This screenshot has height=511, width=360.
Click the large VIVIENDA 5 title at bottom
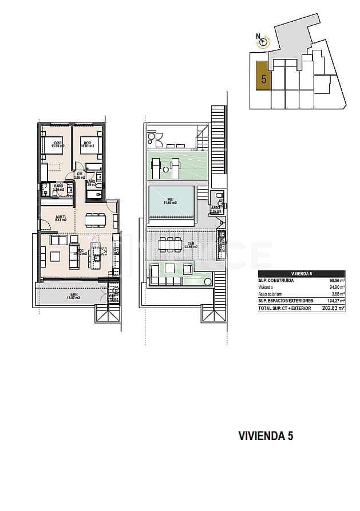pos(265,436)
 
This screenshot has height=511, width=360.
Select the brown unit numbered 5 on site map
pos(263,76)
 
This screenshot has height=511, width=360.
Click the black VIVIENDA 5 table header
pos(301,274)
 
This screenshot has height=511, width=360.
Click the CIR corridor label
pos(80,175)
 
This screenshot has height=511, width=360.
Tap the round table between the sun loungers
pos(165,169)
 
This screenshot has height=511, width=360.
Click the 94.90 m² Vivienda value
pos(336,288)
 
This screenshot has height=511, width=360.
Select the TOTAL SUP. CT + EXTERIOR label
pos(283,308)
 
